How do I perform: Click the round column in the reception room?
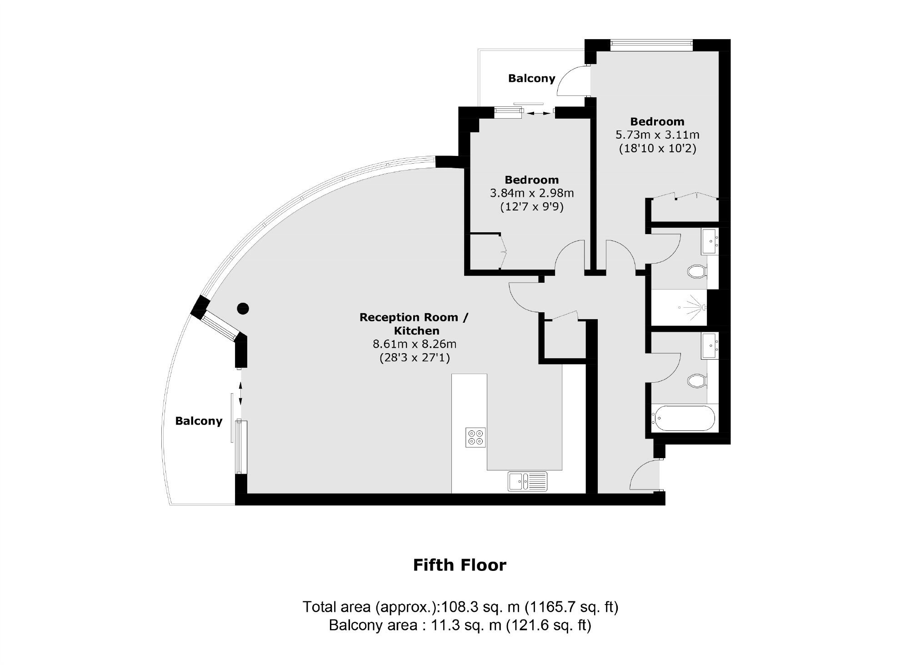pyautogui.click(x=243, y=309)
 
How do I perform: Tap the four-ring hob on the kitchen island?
pyautogui.click(x=475, y=437)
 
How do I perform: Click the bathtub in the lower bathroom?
pyautogui.click(x=683, y=418)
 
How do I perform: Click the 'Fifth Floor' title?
pyautogui.click(x=460, y=565)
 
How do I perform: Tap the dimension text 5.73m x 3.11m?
pyautogui.click(x=657, y=135)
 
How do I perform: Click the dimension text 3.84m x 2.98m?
pyautogui.click(x=531, y=193)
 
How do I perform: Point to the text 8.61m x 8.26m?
pyautogui.click(x=414, y=344)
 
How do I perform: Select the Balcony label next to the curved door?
pyautogui.click(x=531, y=79)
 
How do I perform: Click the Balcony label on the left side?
pyautogui.click(x=199, y=421)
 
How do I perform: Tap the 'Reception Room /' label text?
pyautogui.click(x=413, y=317)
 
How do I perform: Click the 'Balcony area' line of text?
pyautogui.click(x=460, y=625)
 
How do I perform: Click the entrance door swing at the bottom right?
pyautogui.click(x=643, y=476)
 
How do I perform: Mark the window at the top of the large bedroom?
pyautogui.click(x=651, y=44)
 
